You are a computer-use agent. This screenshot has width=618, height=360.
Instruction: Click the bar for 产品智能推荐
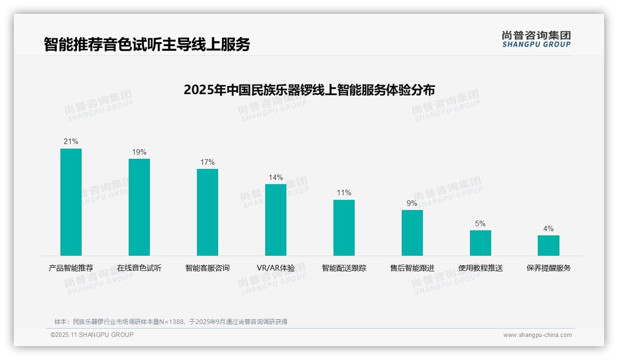pyautogui.click(x=71, y=202)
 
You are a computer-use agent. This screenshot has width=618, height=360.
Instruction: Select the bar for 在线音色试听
pyautogui.click(x=139, y=207)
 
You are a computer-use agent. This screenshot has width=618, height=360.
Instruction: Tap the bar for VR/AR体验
pyautogui.click(x=276, y=220)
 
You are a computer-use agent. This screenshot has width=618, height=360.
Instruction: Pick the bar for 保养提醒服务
pyautogui.click(x=548, y=246)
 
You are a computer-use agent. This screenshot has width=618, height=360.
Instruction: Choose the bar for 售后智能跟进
pyautogui.click(x=412, y=233)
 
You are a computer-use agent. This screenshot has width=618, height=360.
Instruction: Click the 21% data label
pyautogui.click(x=71, y=142)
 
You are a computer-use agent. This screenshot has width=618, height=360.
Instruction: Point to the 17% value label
pyautogui.click(x=208, y=162)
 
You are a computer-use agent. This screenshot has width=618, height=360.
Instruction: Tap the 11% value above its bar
pyautogui.click(x=344, y=193)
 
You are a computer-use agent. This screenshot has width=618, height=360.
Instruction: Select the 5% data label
pyautogui.click(x=480, y=224)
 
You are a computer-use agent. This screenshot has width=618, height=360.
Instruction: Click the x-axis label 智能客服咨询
pyautogui.click(x=208, y=268)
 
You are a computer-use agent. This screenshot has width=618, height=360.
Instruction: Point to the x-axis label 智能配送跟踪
pyautogui.click(x=344, y=268)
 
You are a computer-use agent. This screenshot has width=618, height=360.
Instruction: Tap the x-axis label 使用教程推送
pyautogui.click(x=481, y=268)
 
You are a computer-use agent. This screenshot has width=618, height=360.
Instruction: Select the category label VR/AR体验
pyautogui.click(x=276, y=268)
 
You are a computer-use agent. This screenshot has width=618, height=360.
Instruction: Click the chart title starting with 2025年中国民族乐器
pyautogui.click(x=309, y=90)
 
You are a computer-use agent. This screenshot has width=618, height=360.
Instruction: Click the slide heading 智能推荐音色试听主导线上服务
pyautogui.click(x=147, y=44)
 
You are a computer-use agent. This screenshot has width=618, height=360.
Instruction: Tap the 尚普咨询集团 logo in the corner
pyautogui.click(x=536, y=39)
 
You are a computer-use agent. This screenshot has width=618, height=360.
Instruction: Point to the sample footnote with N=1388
pyautogui.click(x=171, y=322)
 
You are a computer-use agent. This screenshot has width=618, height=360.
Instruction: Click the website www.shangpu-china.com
pyautogui.click(x=537, y=335)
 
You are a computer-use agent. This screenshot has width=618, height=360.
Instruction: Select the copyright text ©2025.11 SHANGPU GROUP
pyautogui.click(x=92, y=335)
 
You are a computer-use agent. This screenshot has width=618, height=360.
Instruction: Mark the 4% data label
pyautogui.click(x=548, y=229)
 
